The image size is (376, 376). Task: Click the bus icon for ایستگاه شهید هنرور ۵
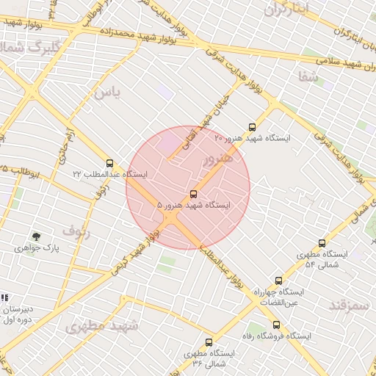point(193,194)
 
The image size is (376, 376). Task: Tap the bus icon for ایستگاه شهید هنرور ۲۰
point(253,126)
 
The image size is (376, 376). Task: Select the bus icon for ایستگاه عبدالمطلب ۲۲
point(109,163)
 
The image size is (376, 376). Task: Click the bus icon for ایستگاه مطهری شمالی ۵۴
point(322,243)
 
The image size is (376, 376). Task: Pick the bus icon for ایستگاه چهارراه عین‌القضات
point(278,281)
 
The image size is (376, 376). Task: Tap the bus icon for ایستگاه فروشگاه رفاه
point(276,325)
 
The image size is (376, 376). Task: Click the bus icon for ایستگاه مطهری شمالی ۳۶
point(209,342)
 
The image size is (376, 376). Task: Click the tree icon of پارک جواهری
point(36,236)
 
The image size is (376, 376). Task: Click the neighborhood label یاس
point(106,93)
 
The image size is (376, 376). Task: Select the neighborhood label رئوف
point(75,229)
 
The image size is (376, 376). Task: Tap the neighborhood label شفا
point(308,75)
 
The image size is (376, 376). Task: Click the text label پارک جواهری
point(36,249)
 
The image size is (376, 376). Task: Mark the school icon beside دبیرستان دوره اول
point(4,297)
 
